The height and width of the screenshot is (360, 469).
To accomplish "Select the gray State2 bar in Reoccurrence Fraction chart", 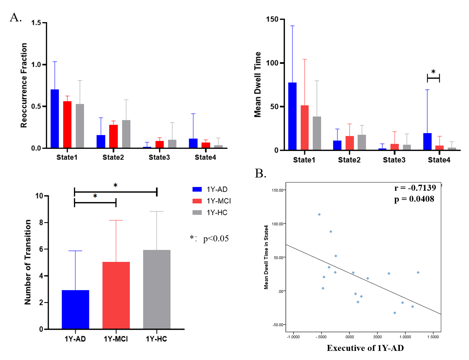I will [x=126, y=134].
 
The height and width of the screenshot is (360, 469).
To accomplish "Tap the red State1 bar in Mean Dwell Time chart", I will [x=304, y=127].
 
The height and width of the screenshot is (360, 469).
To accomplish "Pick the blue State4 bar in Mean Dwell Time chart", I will [x=427, y=142].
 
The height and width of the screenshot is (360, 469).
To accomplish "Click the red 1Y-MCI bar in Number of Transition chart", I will [x=116, y=295].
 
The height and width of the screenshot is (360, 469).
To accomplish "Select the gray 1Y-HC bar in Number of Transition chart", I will [x=157, y=290].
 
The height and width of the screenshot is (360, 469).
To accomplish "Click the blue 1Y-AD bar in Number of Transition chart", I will [x=75, y=310].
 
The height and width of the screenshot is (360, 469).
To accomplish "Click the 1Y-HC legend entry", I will [x=210, y=213].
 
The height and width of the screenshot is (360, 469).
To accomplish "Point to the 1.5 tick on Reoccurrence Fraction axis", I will [x=36, y=23].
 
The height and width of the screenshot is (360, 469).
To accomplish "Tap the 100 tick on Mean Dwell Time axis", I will [x=272, y=63].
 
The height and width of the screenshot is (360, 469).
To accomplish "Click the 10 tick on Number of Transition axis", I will [x=39, y=196].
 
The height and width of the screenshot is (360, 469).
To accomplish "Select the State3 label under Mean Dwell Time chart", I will [x=394, y=160].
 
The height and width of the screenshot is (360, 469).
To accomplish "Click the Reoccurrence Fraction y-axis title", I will [x=24, y=85].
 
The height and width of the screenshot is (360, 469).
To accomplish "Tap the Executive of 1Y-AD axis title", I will [x=365, y=348].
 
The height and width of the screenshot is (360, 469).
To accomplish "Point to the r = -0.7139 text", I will [x=415, y=188].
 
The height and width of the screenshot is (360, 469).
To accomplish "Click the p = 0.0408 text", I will [x=414, y=199].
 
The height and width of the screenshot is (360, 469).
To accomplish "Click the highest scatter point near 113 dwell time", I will [x=319, y=215].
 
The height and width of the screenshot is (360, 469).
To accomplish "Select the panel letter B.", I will [x=260, y=173].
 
